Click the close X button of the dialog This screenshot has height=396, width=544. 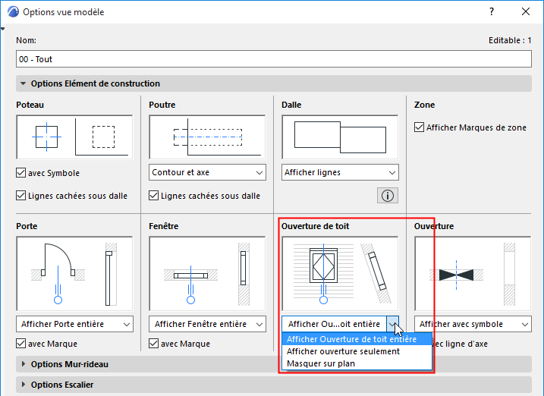(x=526, y=11)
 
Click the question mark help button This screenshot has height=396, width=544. (x=491, y=11)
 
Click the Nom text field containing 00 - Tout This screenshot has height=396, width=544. (x=273, y=59)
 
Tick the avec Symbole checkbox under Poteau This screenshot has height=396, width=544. (x=20, y=173)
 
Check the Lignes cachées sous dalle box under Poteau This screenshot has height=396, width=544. (x=20, y=196)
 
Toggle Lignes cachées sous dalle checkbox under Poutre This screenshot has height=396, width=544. (x=154, y=196)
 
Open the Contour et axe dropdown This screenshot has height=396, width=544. (x=207, y=172)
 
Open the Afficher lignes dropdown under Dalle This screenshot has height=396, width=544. (x=340, y=172)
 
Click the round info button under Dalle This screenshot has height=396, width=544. (x=388, y=196)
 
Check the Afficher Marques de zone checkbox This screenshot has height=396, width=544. (x=419, y=127)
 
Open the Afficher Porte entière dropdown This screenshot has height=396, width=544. (x=74, y=324)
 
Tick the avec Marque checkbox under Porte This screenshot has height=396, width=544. (x=20, y=344)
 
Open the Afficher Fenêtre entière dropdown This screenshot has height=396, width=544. (x=207, y=324)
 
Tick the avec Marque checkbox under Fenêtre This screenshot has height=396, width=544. (x=154, y=344)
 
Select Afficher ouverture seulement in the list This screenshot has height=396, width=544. (x=343, y=351)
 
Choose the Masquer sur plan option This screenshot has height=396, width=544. (x=321, y=363)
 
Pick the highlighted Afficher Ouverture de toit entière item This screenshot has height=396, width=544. (x=351, y=339)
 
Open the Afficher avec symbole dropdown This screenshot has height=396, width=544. (x=473, y=324)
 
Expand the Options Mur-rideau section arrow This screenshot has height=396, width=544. (x=24, y=364)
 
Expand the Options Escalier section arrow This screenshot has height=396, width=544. (x=24, y=385)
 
